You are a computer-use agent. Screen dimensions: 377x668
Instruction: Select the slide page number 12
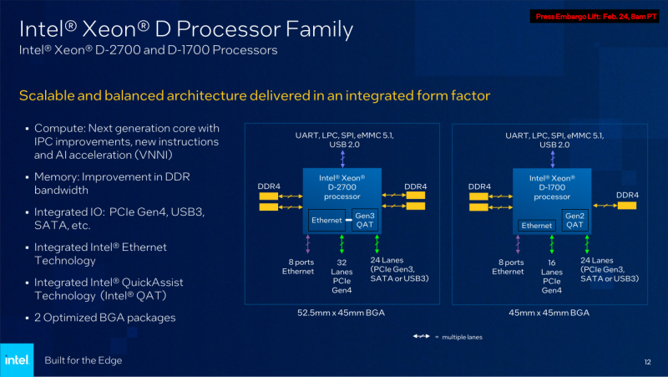(x=647, y=361)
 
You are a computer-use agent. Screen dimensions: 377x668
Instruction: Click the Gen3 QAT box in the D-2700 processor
(x=364, y=220)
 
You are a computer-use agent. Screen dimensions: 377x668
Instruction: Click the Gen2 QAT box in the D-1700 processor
(x=574, y=220)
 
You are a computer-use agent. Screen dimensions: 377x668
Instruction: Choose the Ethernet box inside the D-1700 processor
(x=537, y=225)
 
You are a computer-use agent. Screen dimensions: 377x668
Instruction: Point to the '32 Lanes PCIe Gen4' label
(x=342, y=275)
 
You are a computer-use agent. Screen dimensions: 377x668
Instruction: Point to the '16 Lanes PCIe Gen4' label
(x=551, y=275)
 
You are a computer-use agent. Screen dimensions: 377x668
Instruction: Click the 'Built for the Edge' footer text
(x=83, y=360)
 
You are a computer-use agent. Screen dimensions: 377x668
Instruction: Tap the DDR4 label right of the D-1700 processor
(x=628, y=195)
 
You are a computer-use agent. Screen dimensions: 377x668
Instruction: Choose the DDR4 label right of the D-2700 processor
(x=416, y=186)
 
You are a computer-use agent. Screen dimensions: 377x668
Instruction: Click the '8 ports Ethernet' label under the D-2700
(x=297, y=266)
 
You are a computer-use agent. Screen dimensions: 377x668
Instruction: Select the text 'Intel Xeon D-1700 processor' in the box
(x=552, y=188)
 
